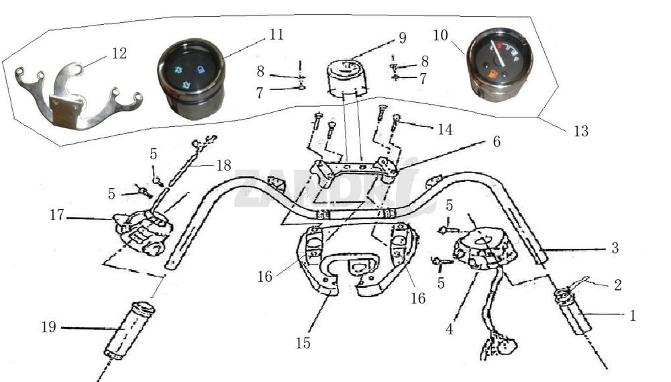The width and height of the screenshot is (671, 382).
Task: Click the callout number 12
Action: (x=119, y=53)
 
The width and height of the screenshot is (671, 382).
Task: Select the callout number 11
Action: (x=276, y=35)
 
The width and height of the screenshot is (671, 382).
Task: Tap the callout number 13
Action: (x=580, y=132)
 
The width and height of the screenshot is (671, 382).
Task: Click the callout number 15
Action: (x=303, y=343)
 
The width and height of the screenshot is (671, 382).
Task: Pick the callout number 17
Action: (x=57, y=216)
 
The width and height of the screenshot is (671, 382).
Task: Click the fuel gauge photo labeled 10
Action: (x=500, y=64)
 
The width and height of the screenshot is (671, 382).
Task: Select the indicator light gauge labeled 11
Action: (x=191, y=79)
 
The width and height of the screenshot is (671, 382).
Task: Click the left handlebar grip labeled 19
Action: (x=129, y=331)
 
